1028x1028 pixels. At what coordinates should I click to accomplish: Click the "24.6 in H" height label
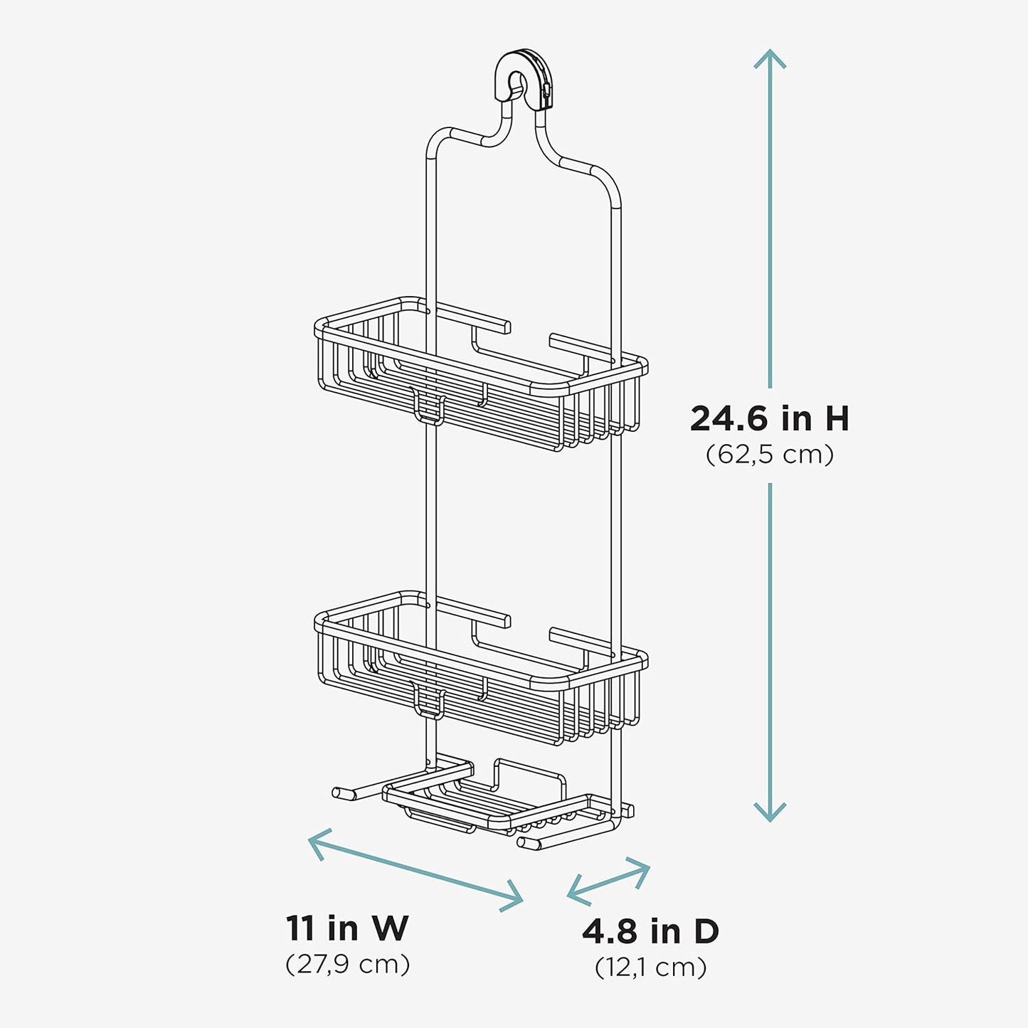pyautogui.click(x=769, y=418)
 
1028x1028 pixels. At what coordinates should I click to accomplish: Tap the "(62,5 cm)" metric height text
pyautogui.click(x=769, y=454)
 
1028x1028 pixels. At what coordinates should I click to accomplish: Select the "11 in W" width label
pyautogui.click(x=347, y=928)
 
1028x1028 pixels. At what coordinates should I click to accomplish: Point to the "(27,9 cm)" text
pyautogui.click(x=347, y=965)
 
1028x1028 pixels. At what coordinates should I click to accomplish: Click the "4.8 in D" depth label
pyautogui.click(x=650, y=931)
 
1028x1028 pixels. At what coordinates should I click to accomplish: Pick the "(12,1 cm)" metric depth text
pyautogui.click(x=650, y=968)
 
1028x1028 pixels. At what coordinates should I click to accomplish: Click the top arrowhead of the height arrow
pyautogui.click(x=770, y=57)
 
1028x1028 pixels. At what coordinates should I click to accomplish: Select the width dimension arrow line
pyautogui.click(x=416, y=869)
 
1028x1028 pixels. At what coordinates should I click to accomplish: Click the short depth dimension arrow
pyautogui.click(x=608, y=882)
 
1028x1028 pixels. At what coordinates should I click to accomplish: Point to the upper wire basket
pyautogui.click(x=480, y=377)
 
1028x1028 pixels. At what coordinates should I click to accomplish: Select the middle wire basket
pyautogui.click(x=480, y=672)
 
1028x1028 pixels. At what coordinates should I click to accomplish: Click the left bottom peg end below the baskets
pyautogui.click(x=340, y=792)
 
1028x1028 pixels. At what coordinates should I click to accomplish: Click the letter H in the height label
pyautogui.click(x=837, y=418)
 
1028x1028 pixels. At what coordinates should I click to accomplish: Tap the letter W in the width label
pyautogui.click(x=390, y=928)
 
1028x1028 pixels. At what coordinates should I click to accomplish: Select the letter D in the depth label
pyautogui.click(x=705, y=931)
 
